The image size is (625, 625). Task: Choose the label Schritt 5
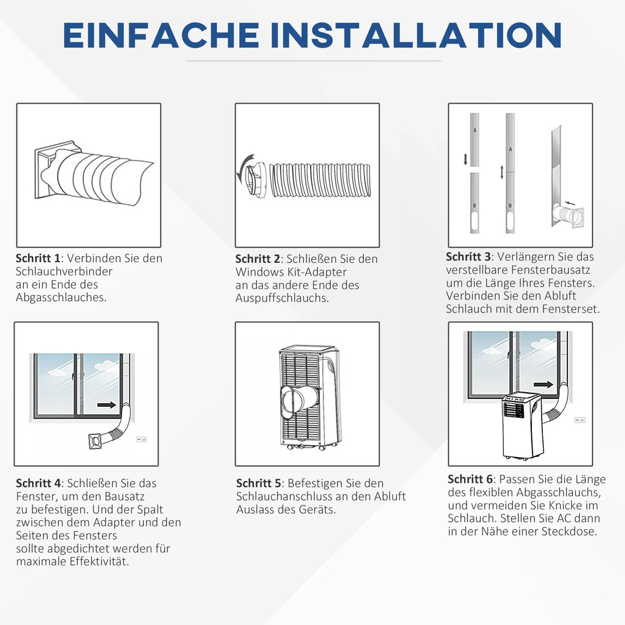click(x=260, y=483)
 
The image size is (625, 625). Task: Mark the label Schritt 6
click(x=471, y=479)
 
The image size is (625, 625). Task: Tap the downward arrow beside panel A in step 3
click(x=466, y=159)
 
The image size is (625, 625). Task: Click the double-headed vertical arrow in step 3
click(x=502, y=172)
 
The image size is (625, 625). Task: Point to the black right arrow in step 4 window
click(x=107, y=405)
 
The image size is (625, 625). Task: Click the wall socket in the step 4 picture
click(x=141, y=439)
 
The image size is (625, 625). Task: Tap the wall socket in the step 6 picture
click(x=579, y=420)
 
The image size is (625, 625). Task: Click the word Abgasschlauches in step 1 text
click(x=61, y=298)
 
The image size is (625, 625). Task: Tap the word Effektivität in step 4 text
click(x=100, y=562)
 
